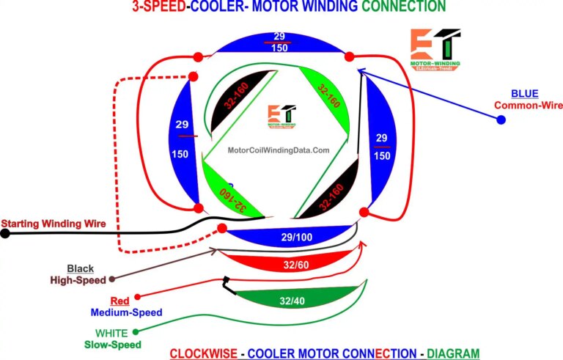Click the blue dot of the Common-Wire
click(501, 120)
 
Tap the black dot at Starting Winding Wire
click(5, 234)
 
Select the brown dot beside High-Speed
click(112, 279)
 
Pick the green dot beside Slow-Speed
click(136, 342)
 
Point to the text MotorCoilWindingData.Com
click(279, 150)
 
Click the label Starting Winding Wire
click(54, 223)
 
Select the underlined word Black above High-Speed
click(80, 268)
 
